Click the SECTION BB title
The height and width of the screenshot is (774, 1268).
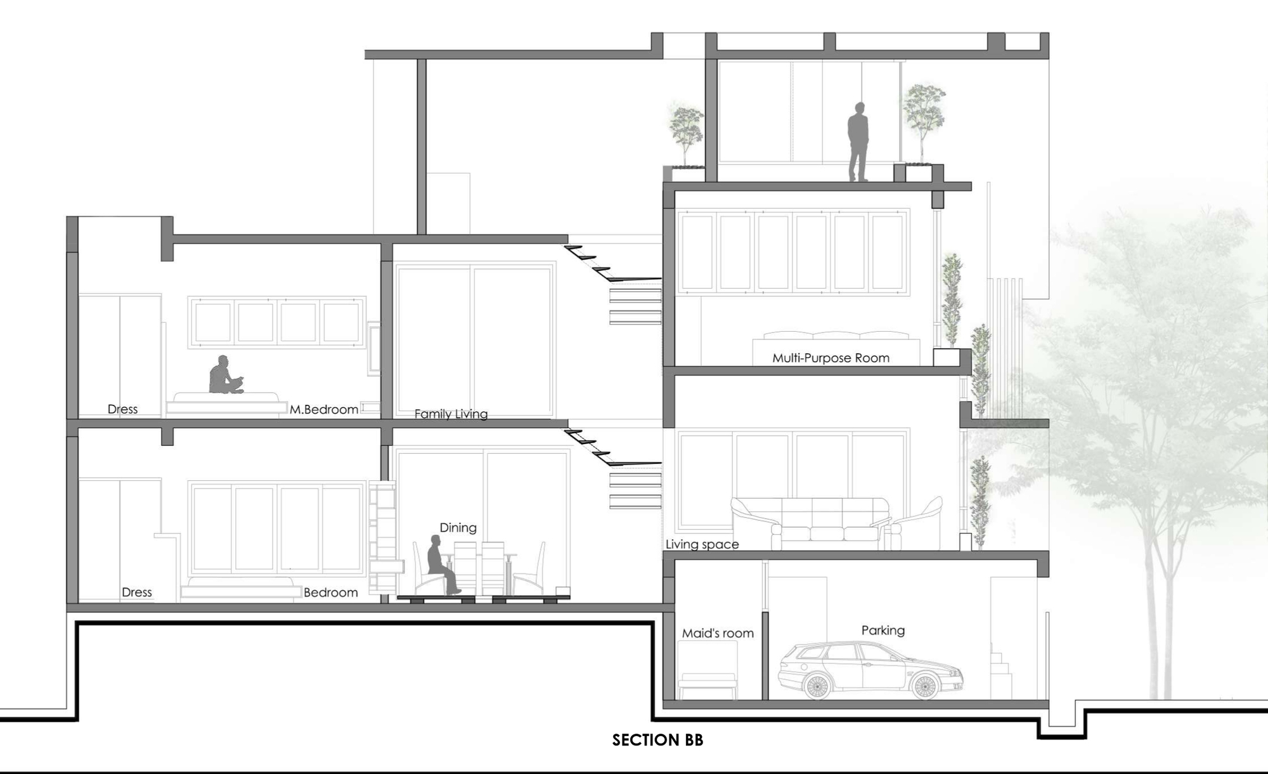point(657,740)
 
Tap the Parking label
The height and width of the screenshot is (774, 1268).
point(883,630)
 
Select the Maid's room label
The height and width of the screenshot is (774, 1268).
point(718,633)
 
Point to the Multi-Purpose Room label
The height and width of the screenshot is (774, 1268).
point(831,358)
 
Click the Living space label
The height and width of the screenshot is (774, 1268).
point(702,544)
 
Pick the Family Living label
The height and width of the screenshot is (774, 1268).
point(451,414)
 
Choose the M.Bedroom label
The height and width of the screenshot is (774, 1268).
point(323,410)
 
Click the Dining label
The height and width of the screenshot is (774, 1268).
point(458,528)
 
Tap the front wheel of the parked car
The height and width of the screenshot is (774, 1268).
point(924,685)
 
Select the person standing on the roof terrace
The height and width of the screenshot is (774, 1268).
point(858,142)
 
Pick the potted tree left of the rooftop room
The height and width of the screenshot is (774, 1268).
point(685,136)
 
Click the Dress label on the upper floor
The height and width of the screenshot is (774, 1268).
point(122,410)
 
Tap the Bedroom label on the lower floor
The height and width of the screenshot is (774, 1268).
point(330,593)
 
